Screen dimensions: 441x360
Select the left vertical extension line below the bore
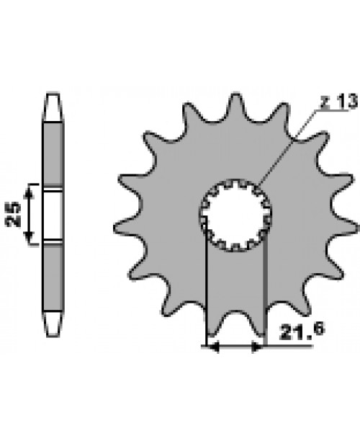point(207,295)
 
